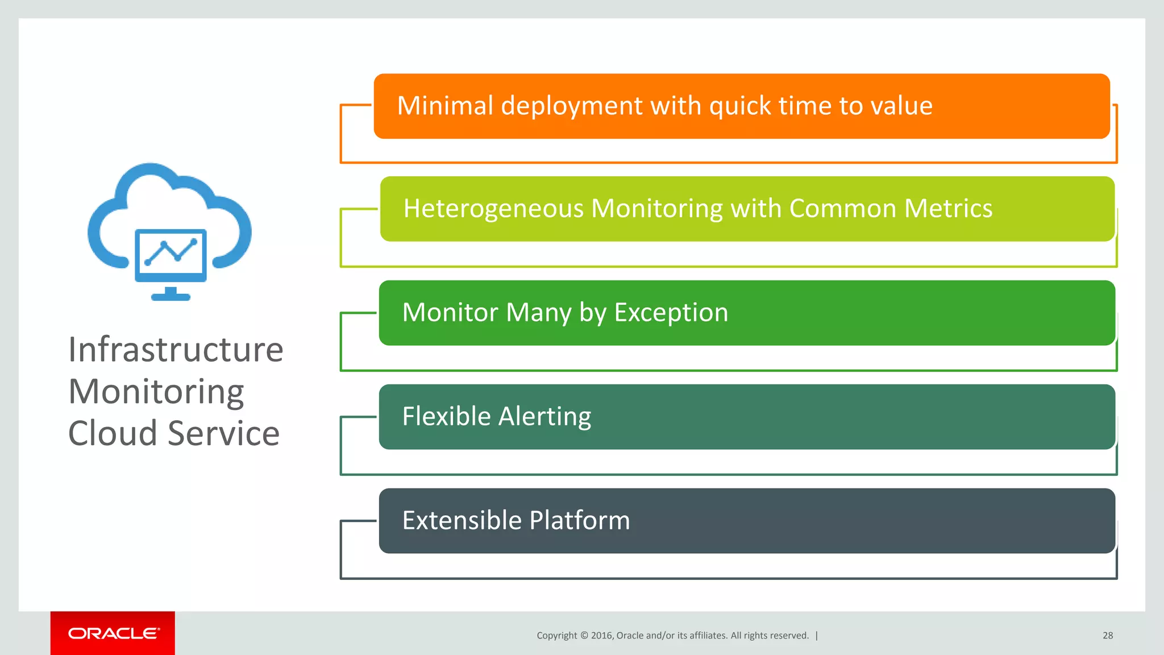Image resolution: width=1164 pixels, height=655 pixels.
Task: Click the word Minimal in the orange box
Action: (x=445, y=106)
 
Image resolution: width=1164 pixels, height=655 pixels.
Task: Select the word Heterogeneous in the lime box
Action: (x=493, y=209)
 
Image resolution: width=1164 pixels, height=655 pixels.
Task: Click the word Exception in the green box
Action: (x=671, y=313)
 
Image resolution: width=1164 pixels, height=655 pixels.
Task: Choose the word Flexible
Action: (x=446, y=416)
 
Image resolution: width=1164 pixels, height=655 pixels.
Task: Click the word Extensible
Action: (x=462, y=520)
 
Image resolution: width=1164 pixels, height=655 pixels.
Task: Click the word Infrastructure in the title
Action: (x=176, y=349)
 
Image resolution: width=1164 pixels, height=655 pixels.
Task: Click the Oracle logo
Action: (x=113, y=633)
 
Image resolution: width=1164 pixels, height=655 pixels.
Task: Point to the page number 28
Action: (x=1107, y=635)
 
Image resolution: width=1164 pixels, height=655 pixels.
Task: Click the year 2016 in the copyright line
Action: (x=601, y=635)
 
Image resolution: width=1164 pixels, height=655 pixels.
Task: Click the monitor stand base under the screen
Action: (x=171, y=296)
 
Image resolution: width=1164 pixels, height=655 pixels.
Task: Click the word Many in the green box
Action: (x=538, y=313)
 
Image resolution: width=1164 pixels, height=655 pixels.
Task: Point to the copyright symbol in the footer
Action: (x=584, y=635)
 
